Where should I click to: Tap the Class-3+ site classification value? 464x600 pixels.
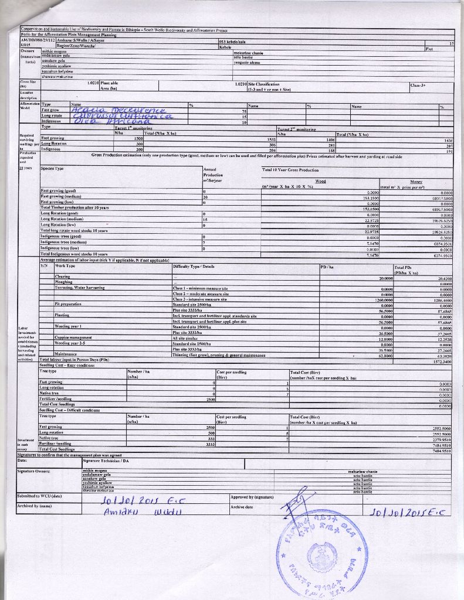click(418, 84)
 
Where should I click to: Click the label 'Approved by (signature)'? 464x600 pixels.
click(252, 496)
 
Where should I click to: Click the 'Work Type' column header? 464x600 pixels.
click(65, 266)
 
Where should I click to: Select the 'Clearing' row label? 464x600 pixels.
click(62, 277)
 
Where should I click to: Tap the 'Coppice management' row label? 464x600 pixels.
click(73, 337)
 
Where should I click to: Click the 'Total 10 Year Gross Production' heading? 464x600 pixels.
click(290, 169)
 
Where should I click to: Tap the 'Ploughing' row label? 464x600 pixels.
click(63, 282)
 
